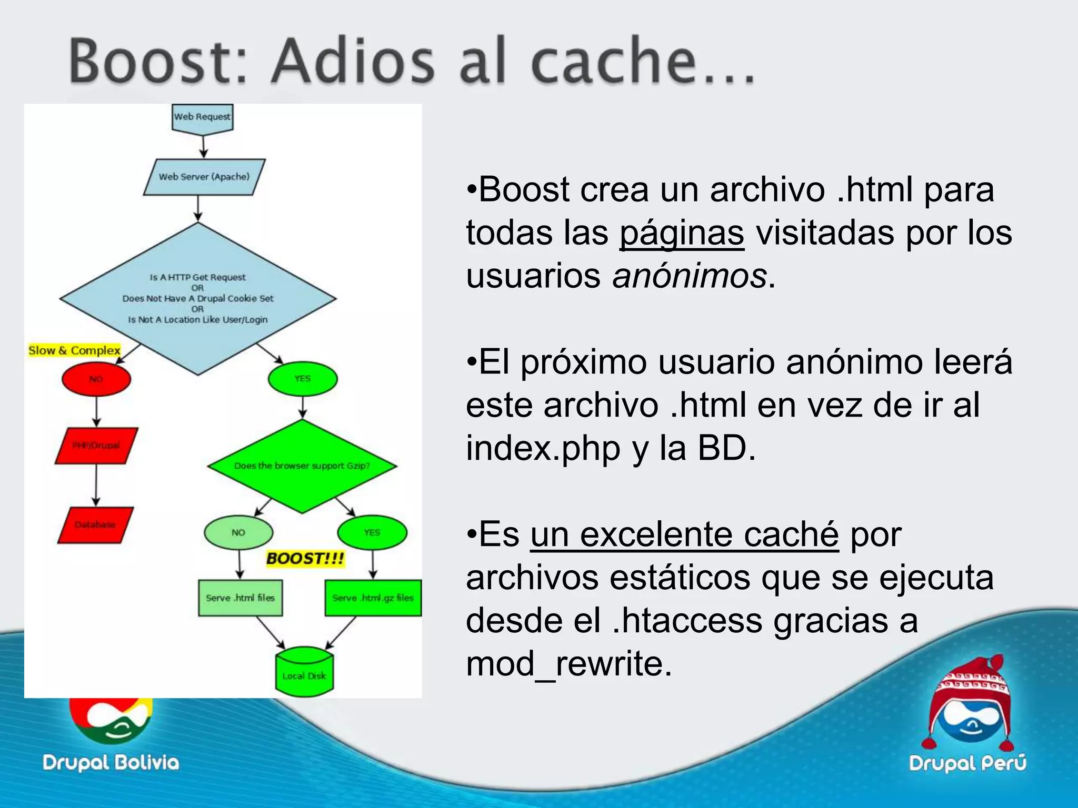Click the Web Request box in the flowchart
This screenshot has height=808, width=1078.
[203, 117]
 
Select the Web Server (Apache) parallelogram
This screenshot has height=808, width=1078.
[204, 177]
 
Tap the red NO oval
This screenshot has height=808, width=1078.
[96, 379]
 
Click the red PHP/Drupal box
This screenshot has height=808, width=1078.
[96, 446]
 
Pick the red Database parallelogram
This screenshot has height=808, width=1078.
[95, 524]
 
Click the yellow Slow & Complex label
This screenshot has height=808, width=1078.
[74, 350]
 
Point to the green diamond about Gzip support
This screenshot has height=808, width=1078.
[302, 466]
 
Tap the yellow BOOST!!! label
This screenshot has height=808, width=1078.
[305, 558]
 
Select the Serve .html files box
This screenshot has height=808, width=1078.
[241, 598]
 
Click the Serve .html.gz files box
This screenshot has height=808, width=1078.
[373, 598]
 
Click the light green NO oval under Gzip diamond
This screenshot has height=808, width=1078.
[238, 532]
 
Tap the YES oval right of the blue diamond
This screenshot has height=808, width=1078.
[303, 379]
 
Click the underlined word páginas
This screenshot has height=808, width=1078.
[682, 233]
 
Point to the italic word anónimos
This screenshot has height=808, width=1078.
[690, 276]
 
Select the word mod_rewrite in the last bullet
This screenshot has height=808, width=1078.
[568, 664]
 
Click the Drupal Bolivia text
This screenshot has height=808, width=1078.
[111, 763]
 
